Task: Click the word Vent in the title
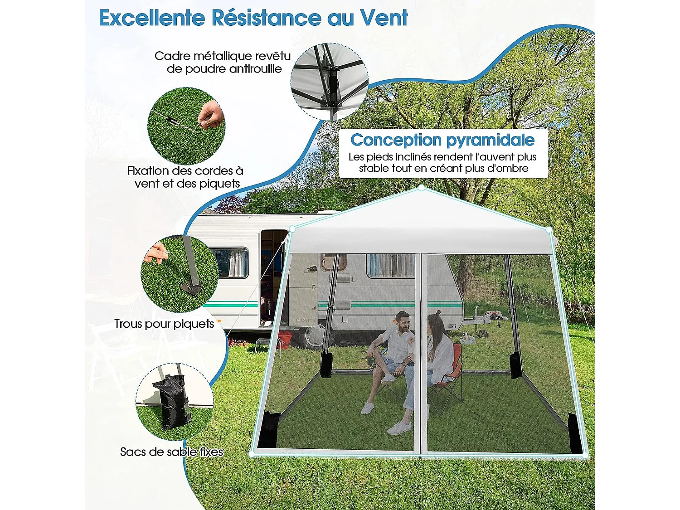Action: tap(384, 18)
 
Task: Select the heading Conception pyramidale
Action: tap(442, 140)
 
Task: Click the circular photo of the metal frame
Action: tap(330, 82)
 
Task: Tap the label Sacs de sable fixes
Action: tap(171, 452)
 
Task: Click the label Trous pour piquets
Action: tap(164, 324)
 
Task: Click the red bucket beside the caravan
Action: tap(285, 340)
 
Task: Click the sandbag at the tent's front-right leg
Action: tap(575, 432)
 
